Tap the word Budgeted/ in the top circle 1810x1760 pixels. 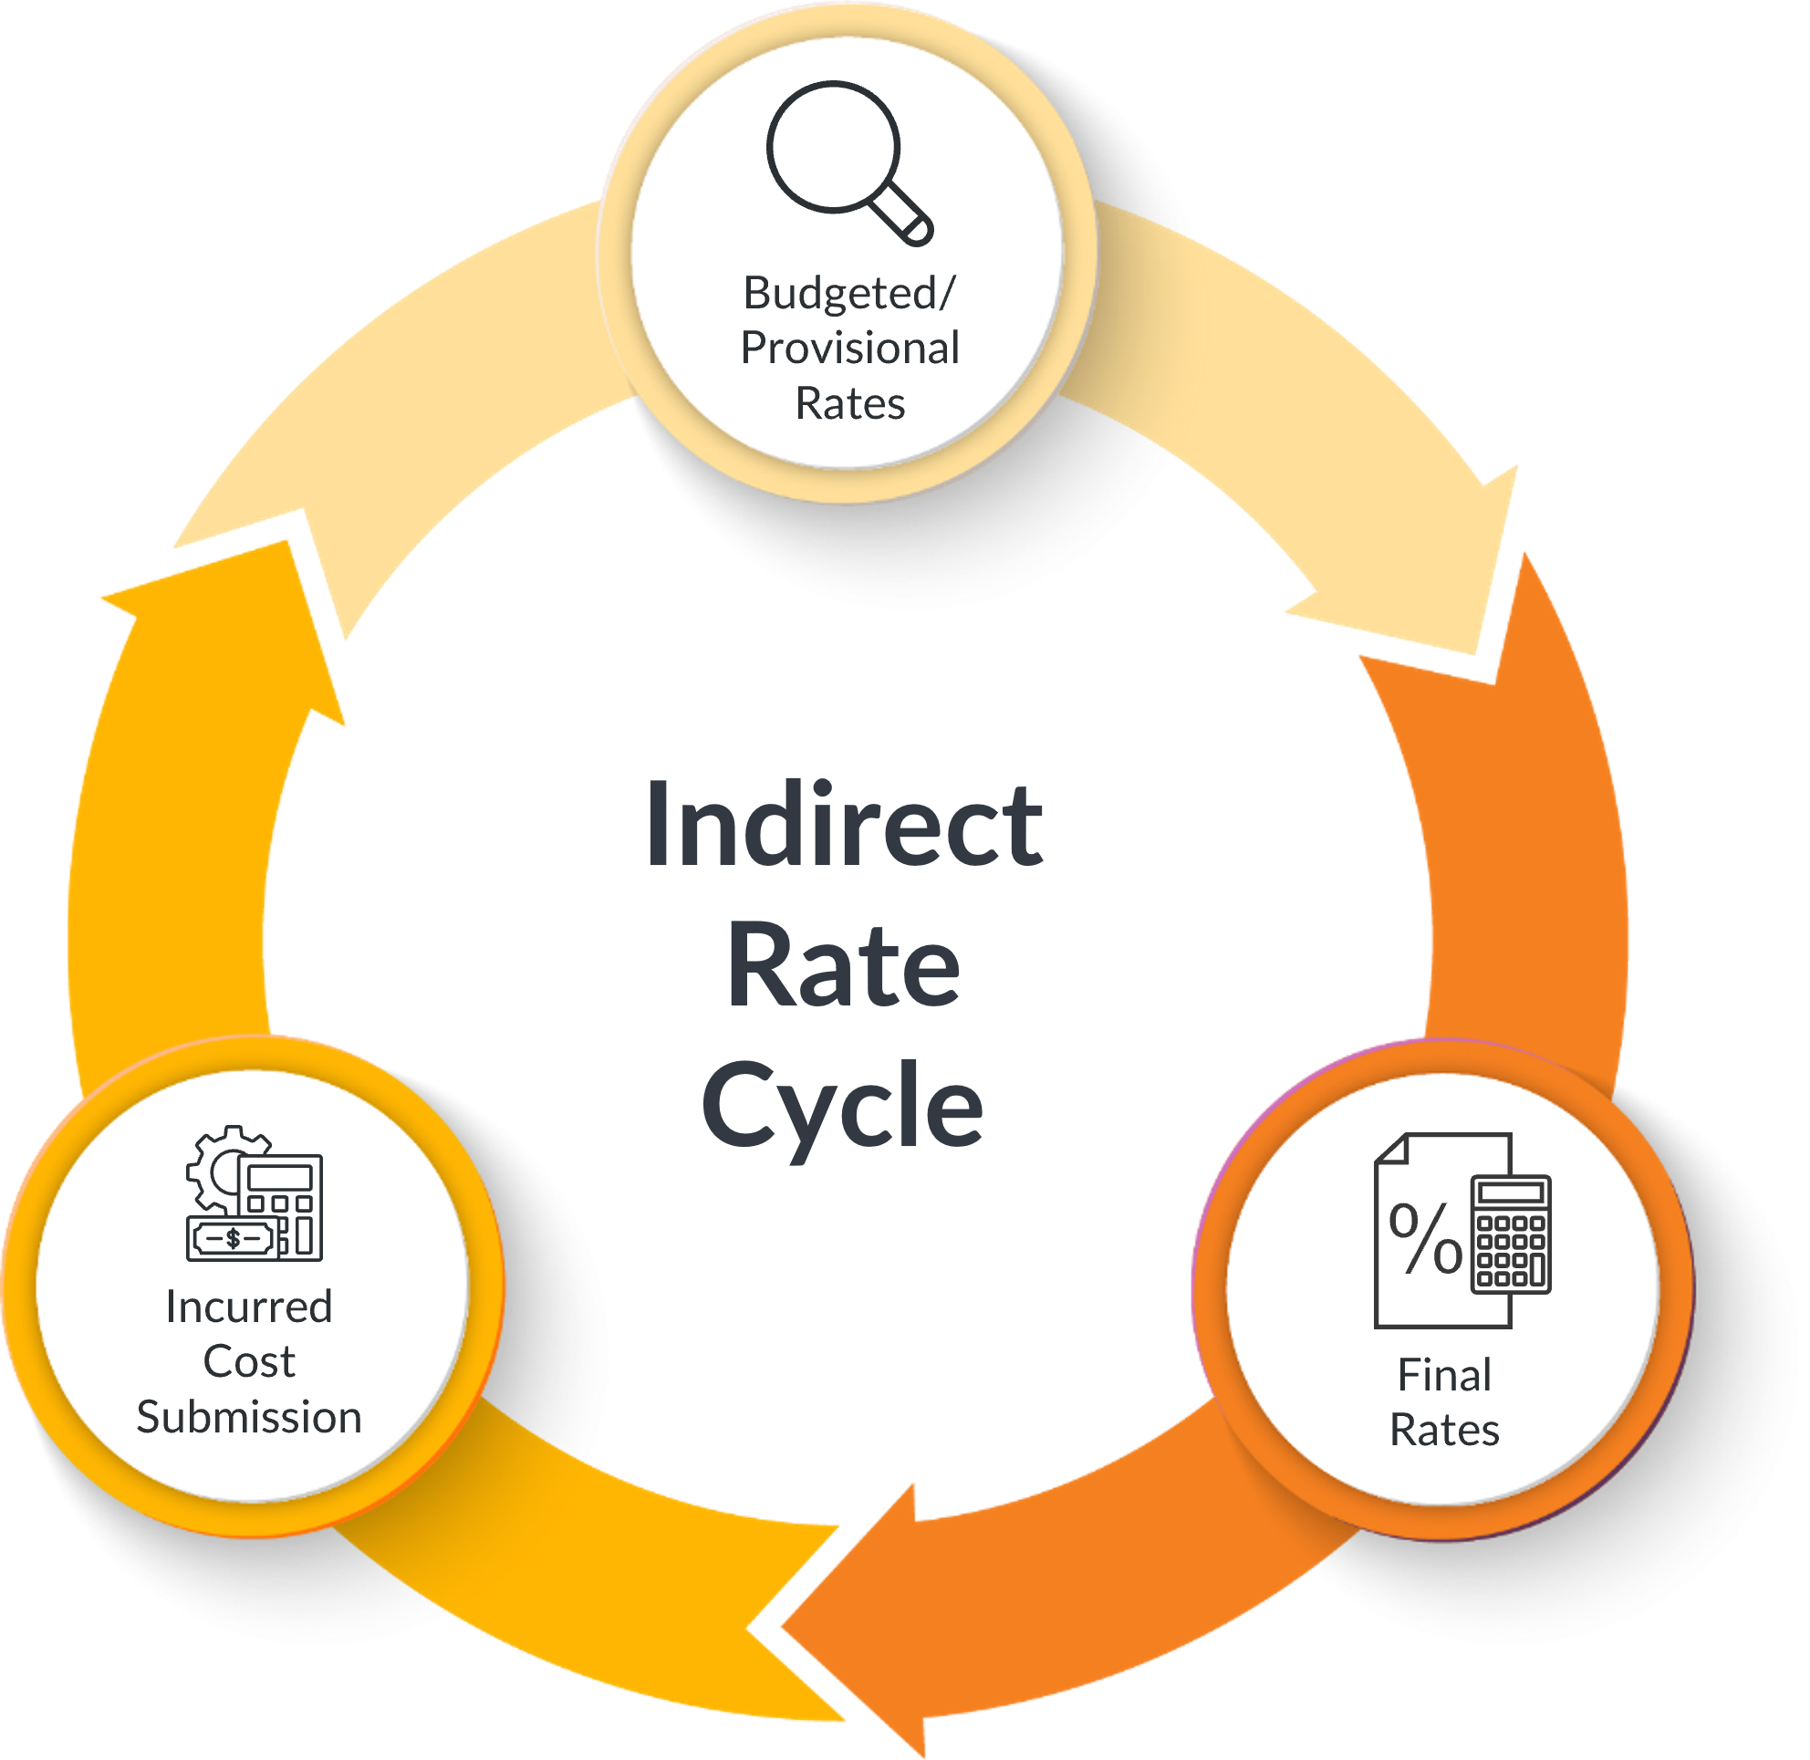click(848, 293)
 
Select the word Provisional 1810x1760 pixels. click(849, 349)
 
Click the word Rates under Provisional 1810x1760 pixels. click(849, 404)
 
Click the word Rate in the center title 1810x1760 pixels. click(843, 965)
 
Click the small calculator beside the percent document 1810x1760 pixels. click(1511, 1234)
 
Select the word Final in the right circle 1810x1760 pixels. click(1444, 1375)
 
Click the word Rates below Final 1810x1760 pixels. click(1444, 1430)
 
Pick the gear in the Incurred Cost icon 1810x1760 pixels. click(214, 1170)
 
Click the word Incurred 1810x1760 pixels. click(249, 1307)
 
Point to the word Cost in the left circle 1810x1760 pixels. click(249, 1361)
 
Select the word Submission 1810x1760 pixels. click(249, 1417)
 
